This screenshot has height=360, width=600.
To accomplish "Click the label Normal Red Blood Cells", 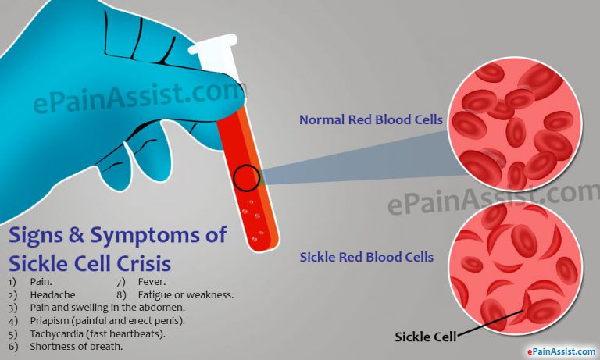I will pos(371,120).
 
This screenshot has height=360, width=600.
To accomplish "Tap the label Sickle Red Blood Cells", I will pos(367,257).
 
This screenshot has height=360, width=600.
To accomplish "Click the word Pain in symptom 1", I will pos(40,282).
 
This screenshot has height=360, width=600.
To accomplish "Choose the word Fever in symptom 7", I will pos(152,282).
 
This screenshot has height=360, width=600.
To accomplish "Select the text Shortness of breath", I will pos(76,346).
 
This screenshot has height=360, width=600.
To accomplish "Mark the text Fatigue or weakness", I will pos(185,295).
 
